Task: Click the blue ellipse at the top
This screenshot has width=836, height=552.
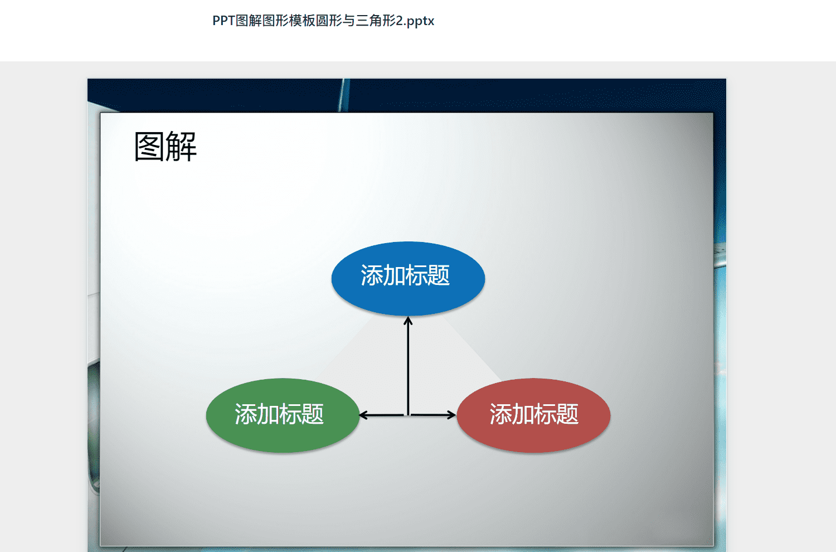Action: point(408,279)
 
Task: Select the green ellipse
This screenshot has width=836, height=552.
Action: point(283,415)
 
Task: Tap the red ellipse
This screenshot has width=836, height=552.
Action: point(533,415)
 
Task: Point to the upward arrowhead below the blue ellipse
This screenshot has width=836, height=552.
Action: point(408,321)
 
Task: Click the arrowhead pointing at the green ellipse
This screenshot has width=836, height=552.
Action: point(363,415)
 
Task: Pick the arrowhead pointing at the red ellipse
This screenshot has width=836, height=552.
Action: point(451,415)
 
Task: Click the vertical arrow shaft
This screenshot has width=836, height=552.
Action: point(408,366)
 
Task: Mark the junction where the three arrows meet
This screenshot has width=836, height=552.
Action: point(408,415)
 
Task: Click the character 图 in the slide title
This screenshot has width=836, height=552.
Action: point(149,147)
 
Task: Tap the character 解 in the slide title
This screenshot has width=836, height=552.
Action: point(181,147)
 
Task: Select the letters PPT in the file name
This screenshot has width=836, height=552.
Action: point(223,21)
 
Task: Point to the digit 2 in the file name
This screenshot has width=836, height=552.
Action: point(400,21)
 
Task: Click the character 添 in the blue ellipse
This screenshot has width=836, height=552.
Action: point(372,275)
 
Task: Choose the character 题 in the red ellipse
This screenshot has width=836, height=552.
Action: point(568,414)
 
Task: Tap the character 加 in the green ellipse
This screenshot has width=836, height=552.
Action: point(268,414)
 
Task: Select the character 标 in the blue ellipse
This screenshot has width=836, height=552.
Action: point(416,275)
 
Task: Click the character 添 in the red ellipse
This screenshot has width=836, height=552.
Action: point(501,414)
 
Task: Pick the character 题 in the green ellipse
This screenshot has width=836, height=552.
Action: point(313,414)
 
